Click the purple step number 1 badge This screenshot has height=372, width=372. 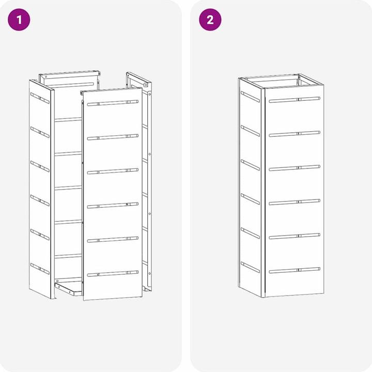point(19,20)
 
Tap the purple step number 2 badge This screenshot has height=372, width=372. point(210,20)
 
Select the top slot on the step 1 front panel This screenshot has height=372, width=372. point(113,103)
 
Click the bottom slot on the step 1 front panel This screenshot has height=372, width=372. point(113,273)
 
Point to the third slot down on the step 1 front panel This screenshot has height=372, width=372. point(113,171)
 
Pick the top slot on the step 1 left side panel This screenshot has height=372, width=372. point(40,98)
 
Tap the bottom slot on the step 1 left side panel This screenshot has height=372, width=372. point(40,269)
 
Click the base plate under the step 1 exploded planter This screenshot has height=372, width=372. point(68,288)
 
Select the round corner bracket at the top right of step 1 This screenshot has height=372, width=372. point(145,85)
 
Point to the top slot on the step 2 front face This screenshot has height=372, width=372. point(295,100)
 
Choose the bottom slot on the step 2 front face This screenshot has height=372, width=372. point(295,270)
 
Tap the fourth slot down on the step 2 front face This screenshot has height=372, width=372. point(295,202)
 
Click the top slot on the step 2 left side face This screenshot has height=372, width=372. point(250,97)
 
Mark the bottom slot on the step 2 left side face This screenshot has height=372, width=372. point(250,268)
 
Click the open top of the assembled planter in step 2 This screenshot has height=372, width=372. point(281,81)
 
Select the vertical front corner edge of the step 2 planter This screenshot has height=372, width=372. point(263,193)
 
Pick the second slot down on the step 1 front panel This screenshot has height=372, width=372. point(113,137)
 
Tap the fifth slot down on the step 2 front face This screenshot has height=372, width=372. point(295,236)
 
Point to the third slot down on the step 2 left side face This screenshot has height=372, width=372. point(250,165)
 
